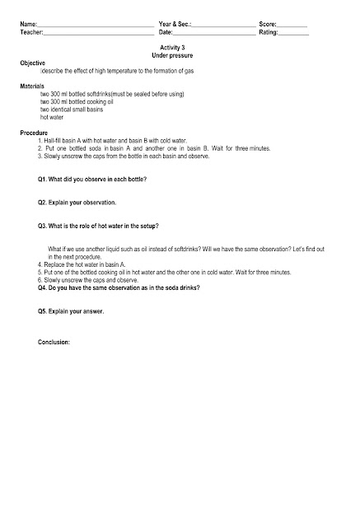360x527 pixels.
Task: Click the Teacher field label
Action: [x=31, y=32]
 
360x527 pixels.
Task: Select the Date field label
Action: [x=166, y=32]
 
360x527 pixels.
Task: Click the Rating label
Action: [x=269, y=32]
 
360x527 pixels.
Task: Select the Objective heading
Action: [x=33, y=63]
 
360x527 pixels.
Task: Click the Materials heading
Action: [x=33, y=86]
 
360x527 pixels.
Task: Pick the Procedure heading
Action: [x=34, y=133]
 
